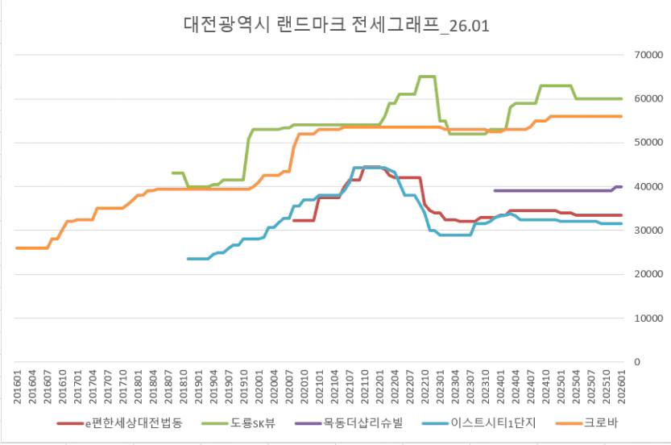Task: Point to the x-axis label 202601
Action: coord(621,389)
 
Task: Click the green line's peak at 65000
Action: coord(427,77)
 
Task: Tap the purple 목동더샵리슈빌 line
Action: coord(556,191)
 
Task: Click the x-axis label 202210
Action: coord(425,389)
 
